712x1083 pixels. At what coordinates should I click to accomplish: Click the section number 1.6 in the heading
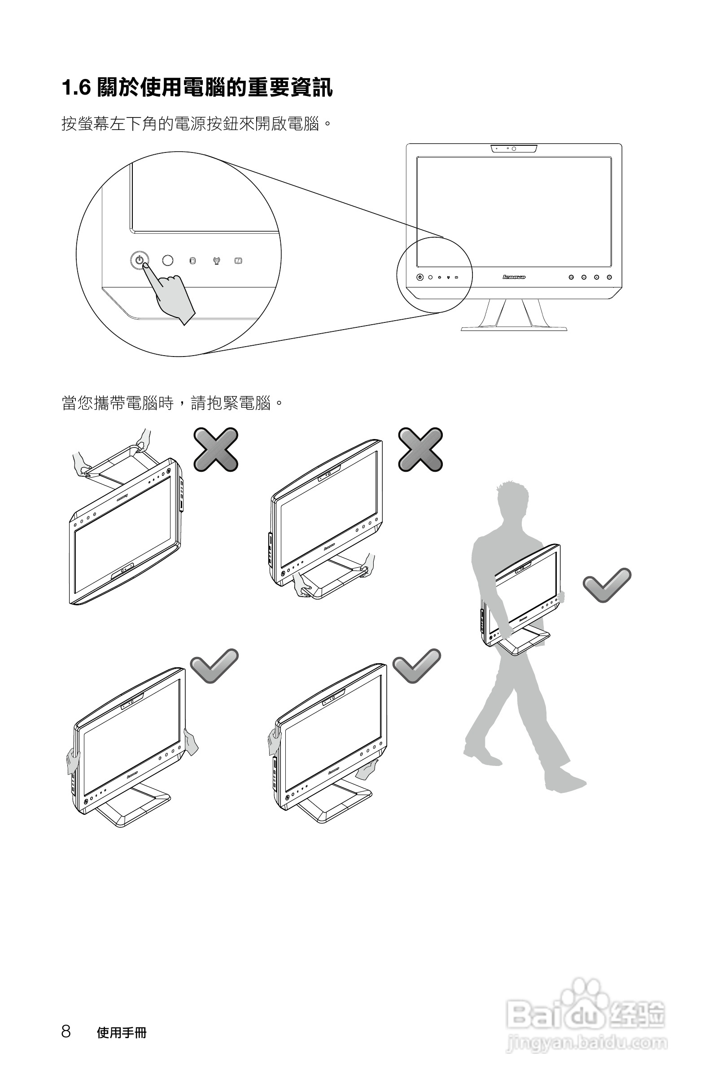coord(76,87)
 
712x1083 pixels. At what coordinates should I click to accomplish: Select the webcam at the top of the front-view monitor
coord(514,148)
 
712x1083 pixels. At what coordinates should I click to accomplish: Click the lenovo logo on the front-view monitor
coord(514,277)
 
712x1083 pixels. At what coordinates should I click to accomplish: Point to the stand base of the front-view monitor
coord(514,328)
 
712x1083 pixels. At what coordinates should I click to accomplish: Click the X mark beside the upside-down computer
coord(216,449)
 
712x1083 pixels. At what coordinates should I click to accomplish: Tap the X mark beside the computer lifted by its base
coord(420,449)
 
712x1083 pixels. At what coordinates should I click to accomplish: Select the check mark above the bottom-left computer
coord(214,665)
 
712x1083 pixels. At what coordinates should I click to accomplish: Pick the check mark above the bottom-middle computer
coord(416,665)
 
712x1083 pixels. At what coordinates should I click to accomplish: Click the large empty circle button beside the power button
coord(167,260)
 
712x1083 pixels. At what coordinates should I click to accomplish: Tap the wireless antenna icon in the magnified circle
coord(216,261)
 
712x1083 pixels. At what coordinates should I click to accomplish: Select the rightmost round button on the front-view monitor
coord(609,277)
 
